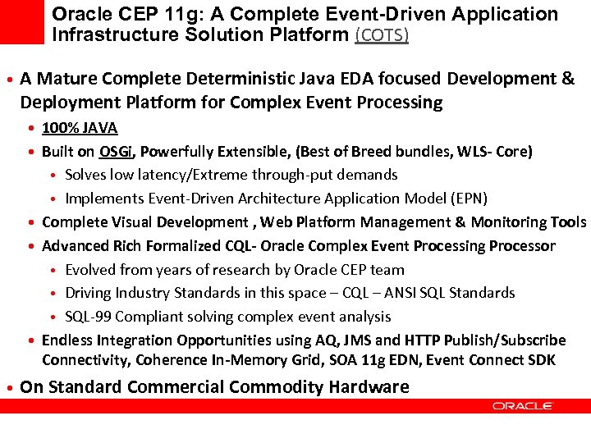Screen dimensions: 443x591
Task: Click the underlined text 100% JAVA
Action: coord(80,128)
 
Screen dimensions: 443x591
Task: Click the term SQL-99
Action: coord(87,317)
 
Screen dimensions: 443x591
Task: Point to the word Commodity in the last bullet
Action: coord(268,387)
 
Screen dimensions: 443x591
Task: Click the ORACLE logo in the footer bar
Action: coord(523,405)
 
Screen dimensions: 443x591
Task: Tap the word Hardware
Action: coord(368,387)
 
